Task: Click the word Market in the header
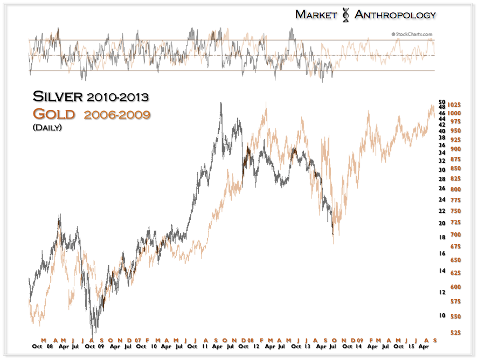(315, 15)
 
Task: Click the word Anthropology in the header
(394, 15)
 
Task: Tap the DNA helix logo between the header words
(345, 15)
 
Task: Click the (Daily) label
(47, 127)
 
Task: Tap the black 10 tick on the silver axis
(441, 315)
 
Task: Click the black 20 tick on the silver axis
(441, 223)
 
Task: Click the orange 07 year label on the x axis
(138, 341)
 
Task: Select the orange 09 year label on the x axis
(359, 341)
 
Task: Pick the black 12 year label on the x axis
(254, 347)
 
